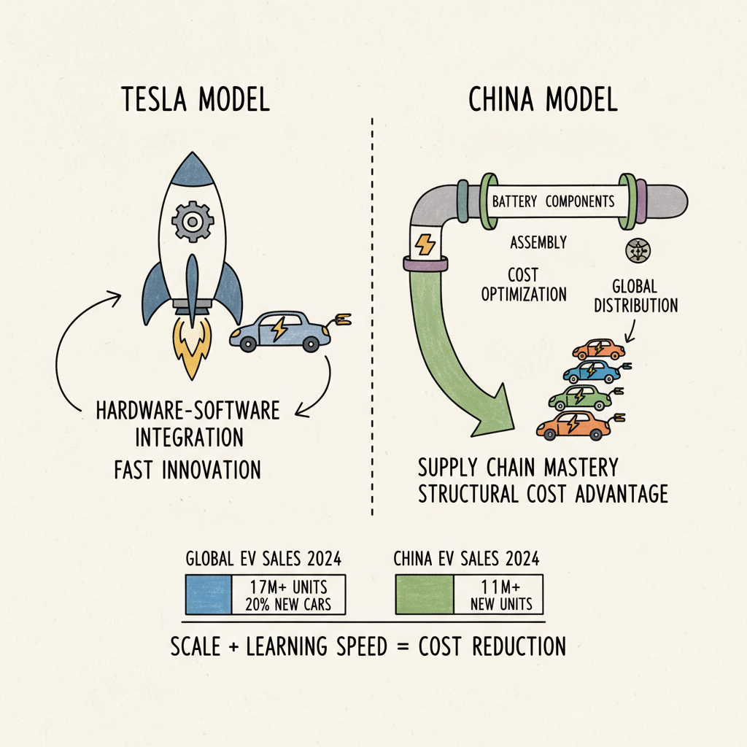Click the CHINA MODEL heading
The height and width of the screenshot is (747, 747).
click(542, 100)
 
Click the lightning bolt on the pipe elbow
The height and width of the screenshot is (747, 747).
click(425, 242)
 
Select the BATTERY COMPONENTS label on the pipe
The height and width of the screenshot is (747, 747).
click(553, 201)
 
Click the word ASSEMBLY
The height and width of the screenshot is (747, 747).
click(538, 241)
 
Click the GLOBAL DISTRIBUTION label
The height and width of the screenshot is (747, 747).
click(635, 296)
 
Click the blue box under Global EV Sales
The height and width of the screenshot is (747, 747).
click(208, 594)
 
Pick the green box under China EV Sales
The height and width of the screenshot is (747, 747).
click(424, 594)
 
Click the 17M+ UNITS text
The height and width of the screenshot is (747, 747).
click(289, 587)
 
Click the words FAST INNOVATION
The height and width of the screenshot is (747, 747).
click(187, 469)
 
